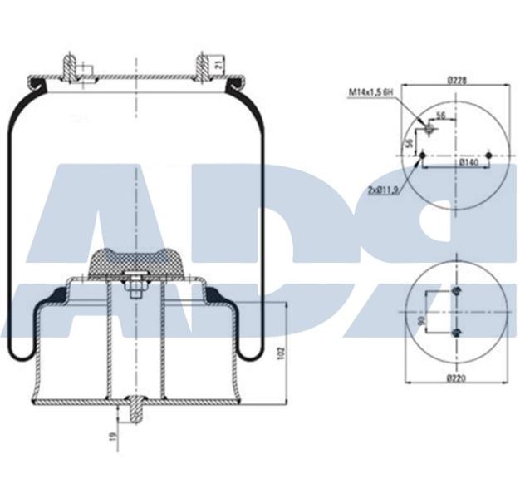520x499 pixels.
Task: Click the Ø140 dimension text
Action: click(x=469, y=162)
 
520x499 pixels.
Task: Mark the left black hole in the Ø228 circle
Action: click(x=424, y=156)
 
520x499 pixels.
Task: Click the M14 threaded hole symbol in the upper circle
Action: click(x=429, y=129)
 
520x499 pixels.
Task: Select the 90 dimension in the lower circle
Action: click(x=422, y=320)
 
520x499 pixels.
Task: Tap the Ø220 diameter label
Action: click(x=454, y=379)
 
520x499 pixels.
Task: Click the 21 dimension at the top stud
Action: click(x=218, y=62)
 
